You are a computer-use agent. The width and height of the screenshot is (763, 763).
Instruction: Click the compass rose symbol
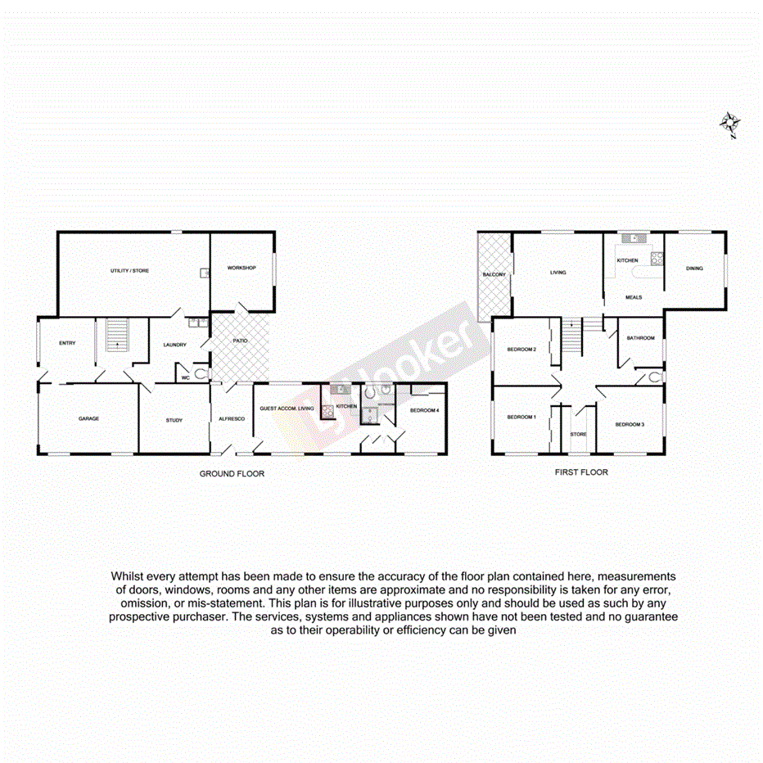(x=729, y=124)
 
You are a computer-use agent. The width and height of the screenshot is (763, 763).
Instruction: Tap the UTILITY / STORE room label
(x=130, y=271)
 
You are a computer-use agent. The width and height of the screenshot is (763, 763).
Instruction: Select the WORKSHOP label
(x=242, y=269)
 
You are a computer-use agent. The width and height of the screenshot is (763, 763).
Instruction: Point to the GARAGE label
(x=88, y=419)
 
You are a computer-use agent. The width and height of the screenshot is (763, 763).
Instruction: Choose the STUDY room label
(x=174, y=420)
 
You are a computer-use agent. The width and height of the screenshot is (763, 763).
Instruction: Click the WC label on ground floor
(x=185, y=378)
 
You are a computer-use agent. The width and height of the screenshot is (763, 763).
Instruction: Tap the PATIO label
(x=239, y=341)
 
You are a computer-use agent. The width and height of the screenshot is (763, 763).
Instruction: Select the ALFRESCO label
(x=231, y=419)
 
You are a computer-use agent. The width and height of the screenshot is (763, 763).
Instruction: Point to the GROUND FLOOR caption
(x=233, y=474)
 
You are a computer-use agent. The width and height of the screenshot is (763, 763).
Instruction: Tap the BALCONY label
(x=494, y=274)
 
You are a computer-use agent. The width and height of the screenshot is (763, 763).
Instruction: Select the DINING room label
(x=694, y=269)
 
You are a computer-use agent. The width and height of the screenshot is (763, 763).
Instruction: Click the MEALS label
(x=634, y=297)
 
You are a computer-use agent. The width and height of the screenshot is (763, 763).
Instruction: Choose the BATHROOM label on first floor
(x=640, y=338)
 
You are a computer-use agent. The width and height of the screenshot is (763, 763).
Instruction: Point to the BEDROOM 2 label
(x=521, y=350)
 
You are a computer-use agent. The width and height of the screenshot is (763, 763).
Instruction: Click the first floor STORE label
(x=578, y=435)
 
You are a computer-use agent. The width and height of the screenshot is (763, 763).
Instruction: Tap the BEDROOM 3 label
(x=630, y=424)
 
